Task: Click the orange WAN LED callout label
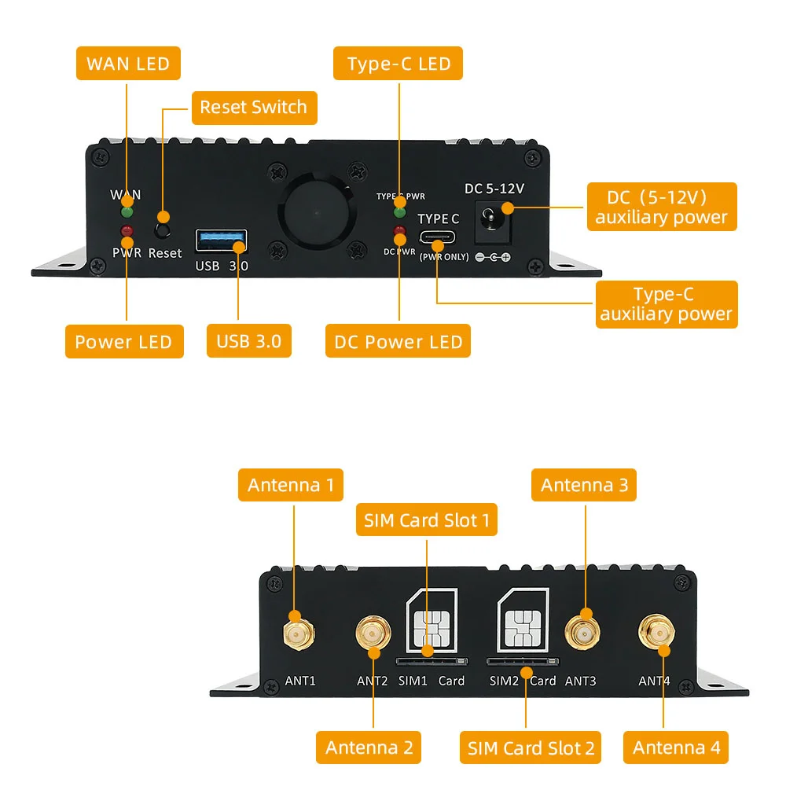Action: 128,64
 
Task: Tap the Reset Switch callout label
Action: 254,108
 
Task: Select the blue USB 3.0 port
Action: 221,241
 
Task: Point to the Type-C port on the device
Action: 439,238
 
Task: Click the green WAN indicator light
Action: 126,211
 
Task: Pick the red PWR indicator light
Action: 126,230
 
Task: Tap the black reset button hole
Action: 163,230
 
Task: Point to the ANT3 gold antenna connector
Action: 582,631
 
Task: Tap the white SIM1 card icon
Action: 431,621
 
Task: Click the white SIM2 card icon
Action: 523,621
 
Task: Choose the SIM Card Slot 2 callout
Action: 531,747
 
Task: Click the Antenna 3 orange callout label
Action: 584,485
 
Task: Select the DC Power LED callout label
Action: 398,342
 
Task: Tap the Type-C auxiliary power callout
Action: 667,305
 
